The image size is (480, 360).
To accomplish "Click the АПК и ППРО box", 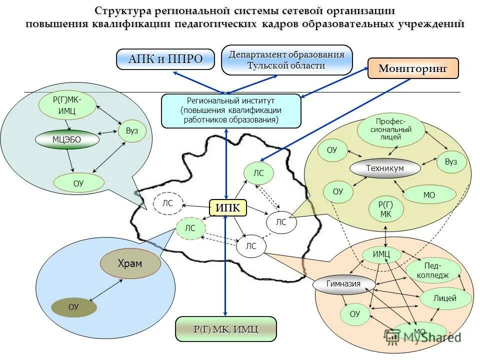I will [x=165, y=59].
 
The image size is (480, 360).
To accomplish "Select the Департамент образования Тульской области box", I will [x=286, y=60].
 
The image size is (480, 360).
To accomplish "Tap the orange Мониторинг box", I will [x=413, y=68].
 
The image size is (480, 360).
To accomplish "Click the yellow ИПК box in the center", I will [x=228, y=207].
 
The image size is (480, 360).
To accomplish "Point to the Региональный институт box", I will [x=231, y=110].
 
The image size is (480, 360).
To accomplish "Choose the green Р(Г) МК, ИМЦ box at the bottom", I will [x=226, y=329].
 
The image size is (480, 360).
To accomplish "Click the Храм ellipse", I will [x=130, y=263].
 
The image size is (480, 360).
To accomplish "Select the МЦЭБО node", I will [x=66, y=139].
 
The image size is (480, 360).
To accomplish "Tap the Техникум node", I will [x=384, y=168].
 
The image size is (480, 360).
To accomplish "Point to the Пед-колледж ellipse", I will [x=433, y=270].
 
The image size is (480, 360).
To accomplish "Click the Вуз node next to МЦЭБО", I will [x=132, y=131].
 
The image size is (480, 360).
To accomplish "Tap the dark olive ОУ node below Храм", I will [x=73, y=307].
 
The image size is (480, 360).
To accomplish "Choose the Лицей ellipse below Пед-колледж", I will [x=445, y=298].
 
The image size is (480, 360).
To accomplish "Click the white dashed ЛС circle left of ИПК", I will [x=167, y=203].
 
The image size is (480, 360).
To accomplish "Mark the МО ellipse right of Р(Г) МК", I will [x=429, y=195].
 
